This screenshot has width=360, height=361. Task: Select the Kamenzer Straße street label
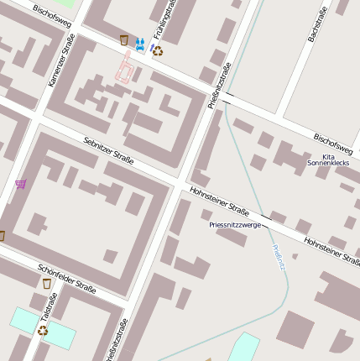click(x=61, y=60)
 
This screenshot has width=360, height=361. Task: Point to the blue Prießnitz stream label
click(x=279, y=257)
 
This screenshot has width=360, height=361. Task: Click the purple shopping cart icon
click(x=20, y=184)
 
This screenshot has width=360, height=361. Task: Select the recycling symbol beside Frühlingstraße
click(x=157, y=50)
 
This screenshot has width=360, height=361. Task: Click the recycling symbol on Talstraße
click(x=43, y=331)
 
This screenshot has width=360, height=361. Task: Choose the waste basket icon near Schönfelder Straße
click(x=47, y=284)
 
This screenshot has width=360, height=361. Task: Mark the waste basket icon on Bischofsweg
click(x=124, y=39)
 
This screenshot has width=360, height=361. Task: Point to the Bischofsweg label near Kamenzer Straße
click(x=52, y=18)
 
